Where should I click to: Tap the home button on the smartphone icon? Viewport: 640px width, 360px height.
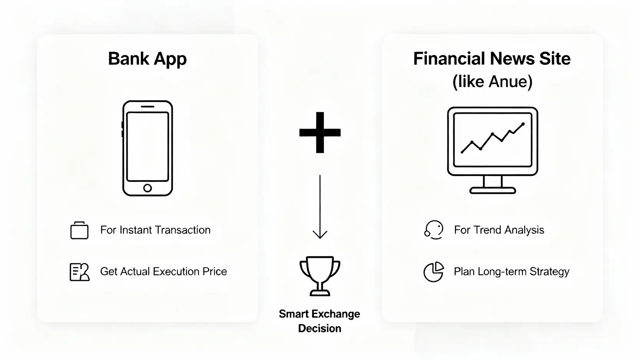point(148,188)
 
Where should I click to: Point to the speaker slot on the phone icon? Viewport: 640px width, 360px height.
point(148,106)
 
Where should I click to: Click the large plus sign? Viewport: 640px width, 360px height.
point(320,133)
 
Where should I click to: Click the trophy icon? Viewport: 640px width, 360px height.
point(320,276)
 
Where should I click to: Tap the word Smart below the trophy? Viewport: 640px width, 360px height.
point(295,314)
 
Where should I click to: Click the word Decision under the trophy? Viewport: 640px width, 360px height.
point(320,328)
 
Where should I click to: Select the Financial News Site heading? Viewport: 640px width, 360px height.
point(492,59)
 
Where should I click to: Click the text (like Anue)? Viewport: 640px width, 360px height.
point(492,82)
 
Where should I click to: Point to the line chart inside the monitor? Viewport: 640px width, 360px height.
point(492,138)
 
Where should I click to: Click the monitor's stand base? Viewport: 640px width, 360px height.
point(492,191)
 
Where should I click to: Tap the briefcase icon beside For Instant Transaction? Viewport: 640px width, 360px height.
point(79,230)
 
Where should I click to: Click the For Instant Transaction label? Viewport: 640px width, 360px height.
point(155,230)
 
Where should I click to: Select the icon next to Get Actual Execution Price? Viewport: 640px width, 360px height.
point(80,272)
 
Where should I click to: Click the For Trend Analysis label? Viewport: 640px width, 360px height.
point(499,230)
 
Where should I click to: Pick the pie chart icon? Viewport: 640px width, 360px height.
point(433,272)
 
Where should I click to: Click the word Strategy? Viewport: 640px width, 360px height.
point(549,272)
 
